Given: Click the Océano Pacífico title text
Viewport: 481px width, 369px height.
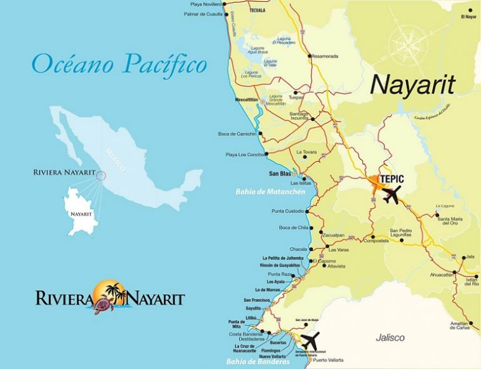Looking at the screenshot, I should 119,63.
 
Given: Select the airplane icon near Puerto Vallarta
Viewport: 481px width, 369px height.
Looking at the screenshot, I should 310,340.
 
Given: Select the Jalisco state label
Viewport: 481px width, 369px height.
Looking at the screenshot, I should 389,337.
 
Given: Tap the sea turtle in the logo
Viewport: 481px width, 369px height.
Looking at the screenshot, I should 103,307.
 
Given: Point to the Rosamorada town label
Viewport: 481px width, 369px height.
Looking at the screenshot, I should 325,56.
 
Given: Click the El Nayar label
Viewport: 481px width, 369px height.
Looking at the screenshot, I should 468,17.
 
